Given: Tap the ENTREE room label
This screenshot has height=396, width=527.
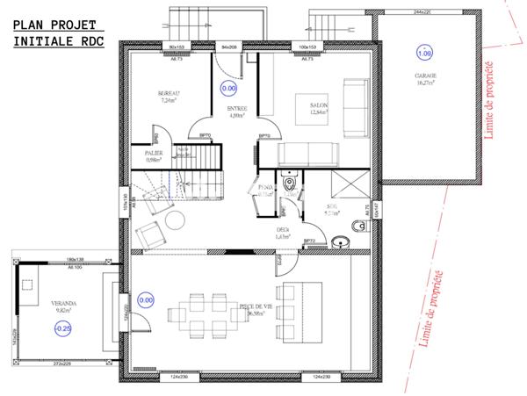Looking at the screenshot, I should pyautogui.click(x=237, y=109).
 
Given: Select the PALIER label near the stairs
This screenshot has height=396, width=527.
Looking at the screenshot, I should pyautogui.click(x=157, y=152).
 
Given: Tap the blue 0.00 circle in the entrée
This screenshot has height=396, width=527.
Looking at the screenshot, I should pyautogui.click(x=228, y=88).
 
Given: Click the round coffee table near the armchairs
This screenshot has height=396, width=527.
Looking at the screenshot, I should pyautogui.click(x=176, y=219).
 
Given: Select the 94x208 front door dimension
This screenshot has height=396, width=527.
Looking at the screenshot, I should pyautogui.click(x=231, y=46).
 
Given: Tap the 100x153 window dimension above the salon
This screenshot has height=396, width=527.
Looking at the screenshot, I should pyautogui.click(x=307, y=46).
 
